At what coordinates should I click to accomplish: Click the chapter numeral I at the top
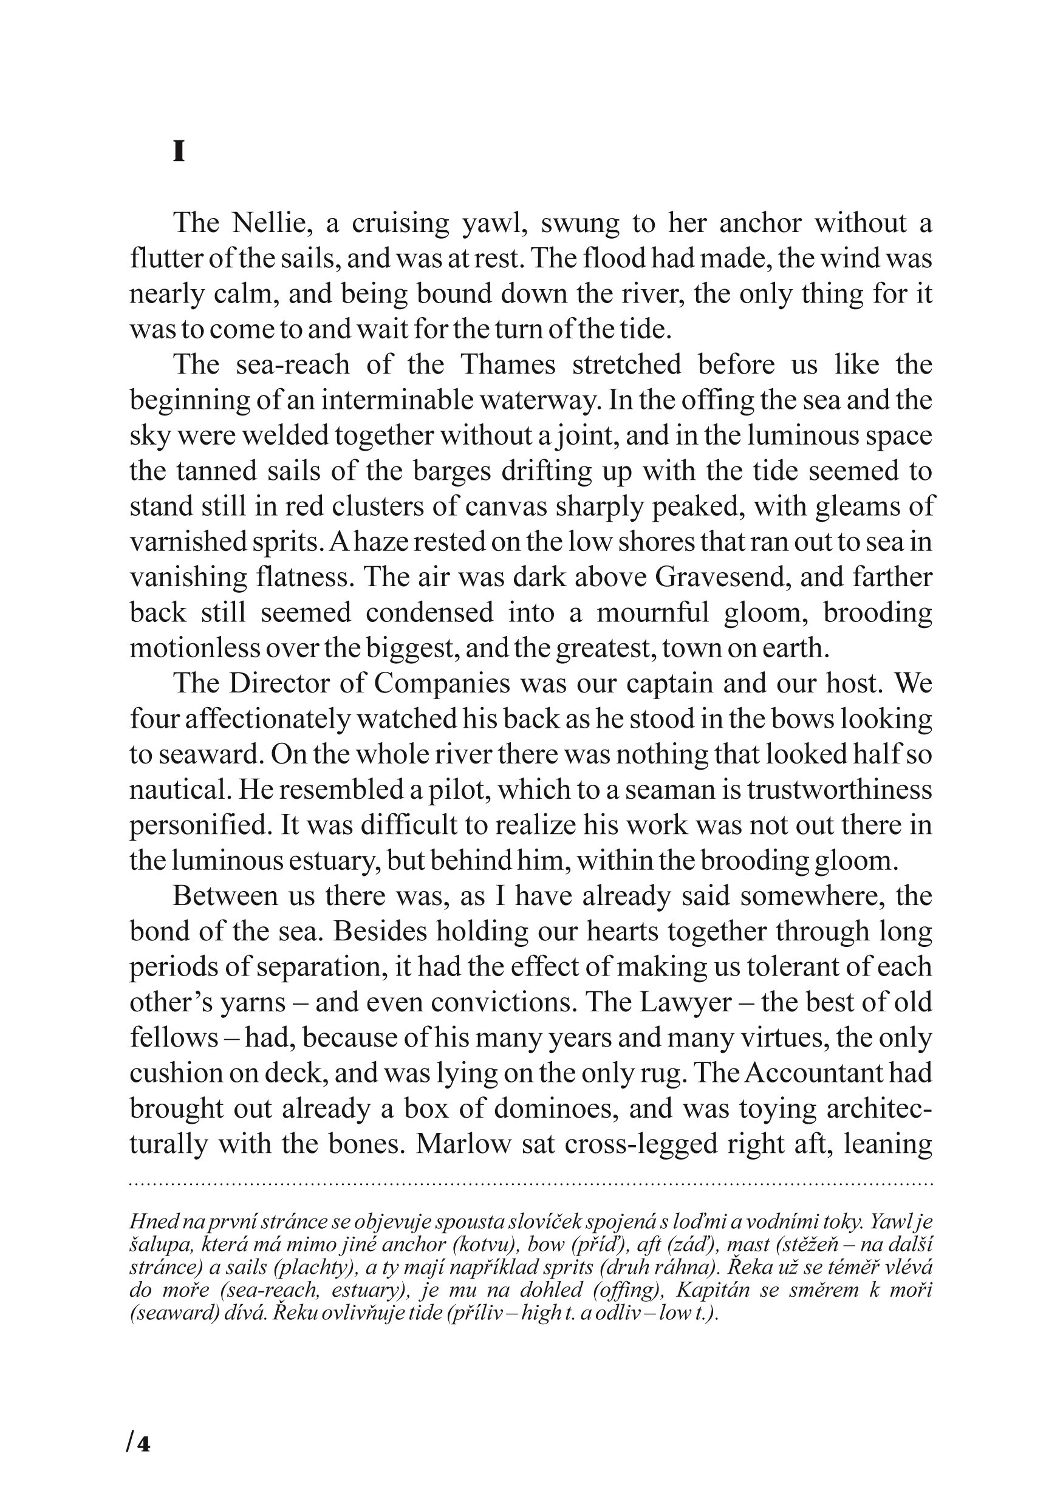click(x=179, y=152)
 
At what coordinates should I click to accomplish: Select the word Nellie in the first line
click(x=269, y=223)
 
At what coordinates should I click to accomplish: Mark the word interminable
click(x=398, y=400)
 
